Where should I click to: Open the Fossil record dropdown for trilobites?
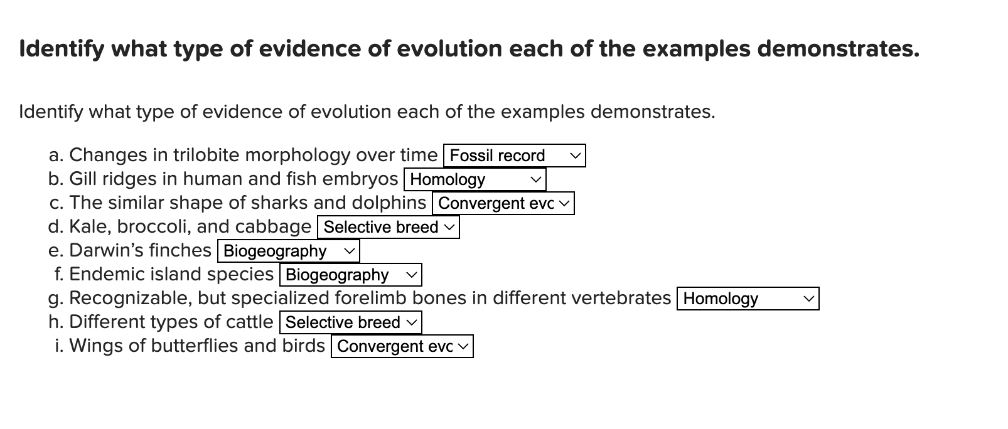[514, 156]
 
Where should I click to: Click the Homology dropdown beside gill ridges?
[475, 179]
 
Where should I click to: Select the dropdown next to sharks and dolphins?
[503, 203]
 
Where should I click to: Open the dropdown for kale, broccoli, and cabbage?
[389, 227]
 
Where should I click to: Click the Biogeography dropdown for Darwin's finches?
[288, 251]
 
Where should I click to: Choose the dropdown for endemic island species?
[350, 275]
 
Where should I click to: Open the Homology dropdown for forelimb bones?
[748, 299]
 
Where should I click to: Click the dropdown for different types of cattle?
[350, 322]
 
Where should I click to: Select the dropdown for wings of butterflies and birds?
[402, 346]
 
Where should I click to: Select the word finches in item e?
[183, 250]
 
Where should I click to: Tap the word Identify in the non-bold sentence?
[51, 112]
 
